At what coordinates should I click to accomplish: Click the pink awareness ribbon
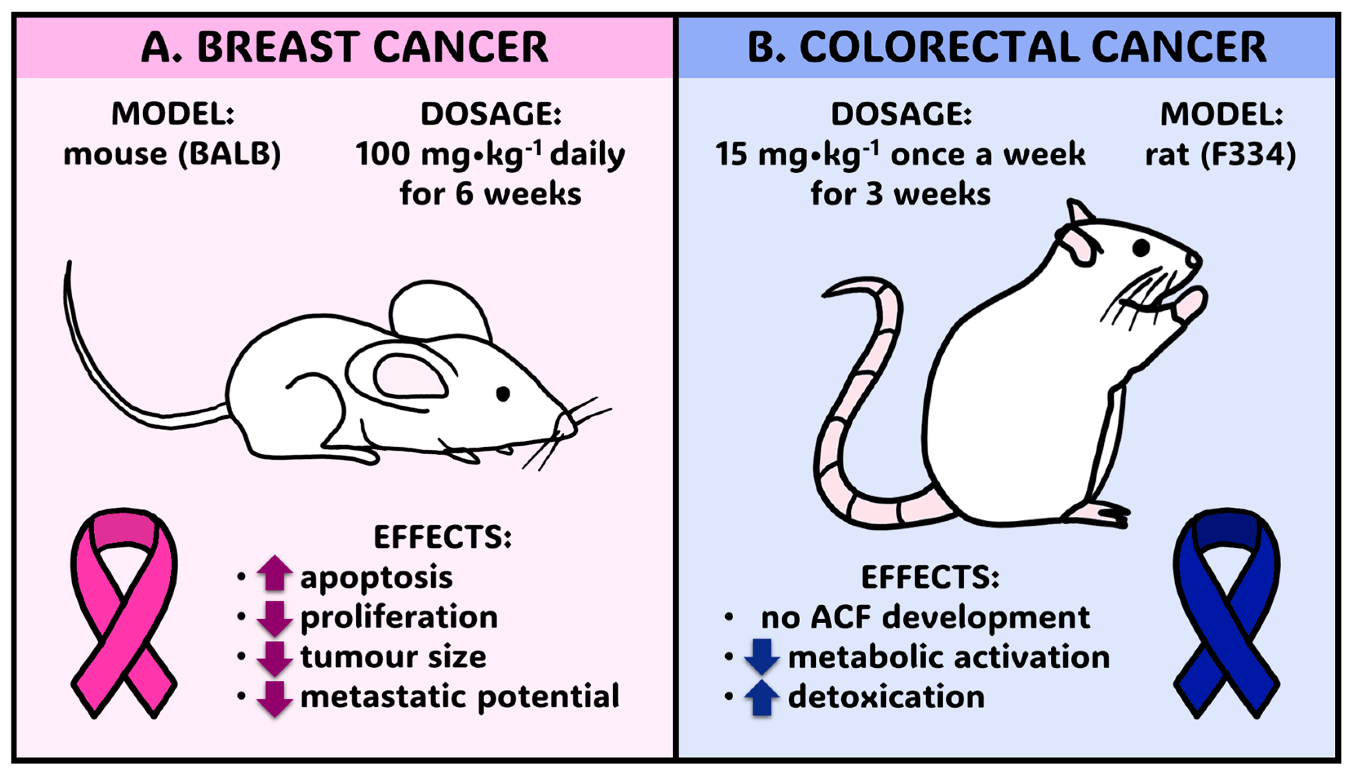click(x=124, y=612)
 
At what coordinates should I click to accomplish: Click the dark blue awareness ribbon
click(x=1226, y=612)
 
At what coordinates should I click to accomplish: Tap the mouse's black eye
click(x=502, y=393)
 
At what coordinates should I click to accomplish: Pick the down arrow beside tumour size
click(x=275, y=658)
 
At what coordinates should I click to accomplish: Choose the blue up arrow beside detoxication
click(x=761, y=697)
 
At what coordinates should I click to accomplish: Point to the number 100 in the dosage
click(x=382, y=154)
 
